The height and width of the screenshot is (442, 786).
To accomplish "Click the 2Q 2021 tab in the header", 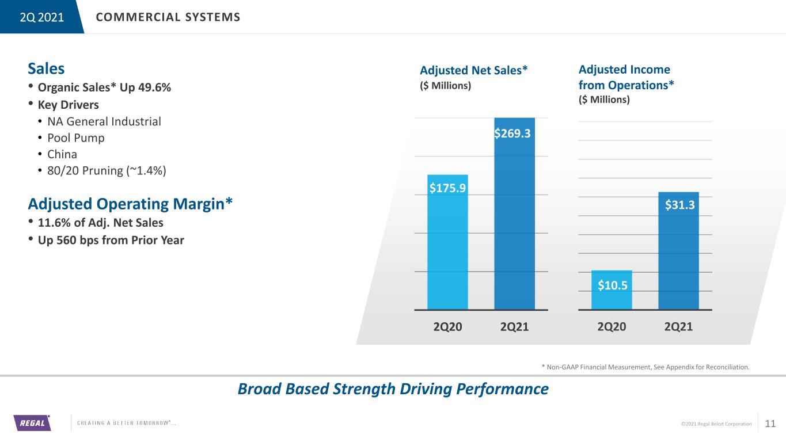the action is coord(41,17).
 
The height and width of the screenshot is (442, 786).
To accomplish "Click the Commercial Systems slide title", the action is coord(168,17).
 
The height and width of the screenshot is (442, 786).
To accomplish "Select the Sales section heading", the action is coord(46,68).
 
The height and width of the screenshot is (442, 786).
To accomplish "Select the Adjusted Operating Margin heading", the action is coord(130,204).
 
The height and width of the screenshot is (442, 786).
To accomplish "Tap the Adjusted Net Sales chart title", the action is coord(474,70).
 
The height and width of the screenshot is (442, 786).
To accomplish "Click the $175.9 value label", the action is coord(448,188).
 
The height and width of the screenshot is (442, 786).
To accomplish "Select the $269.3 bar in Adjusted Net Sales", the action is coord(514,214).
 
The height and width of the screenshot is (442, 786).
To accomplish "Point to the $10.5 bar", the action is coord(612,289).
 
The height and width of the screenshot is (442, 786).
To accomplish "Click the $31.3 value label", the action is coord(679,205).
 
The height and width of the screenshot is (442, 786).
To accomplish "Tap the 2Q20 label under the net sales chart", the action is coord(447,326).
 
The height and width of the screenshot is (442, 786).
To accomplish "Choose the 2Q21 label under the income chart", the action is coord(678,326).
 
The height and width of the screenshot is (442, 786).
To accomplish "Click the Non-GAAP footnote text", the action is coord(645,367).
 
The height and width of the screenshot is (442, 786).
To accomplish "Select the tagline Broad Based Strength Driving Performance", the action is coord(393,389).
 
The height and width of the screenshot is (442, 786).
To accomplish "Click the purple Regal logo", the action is coord(32,422).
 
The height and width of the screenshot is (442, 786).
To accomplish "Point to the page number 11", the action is coord(770,424).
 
